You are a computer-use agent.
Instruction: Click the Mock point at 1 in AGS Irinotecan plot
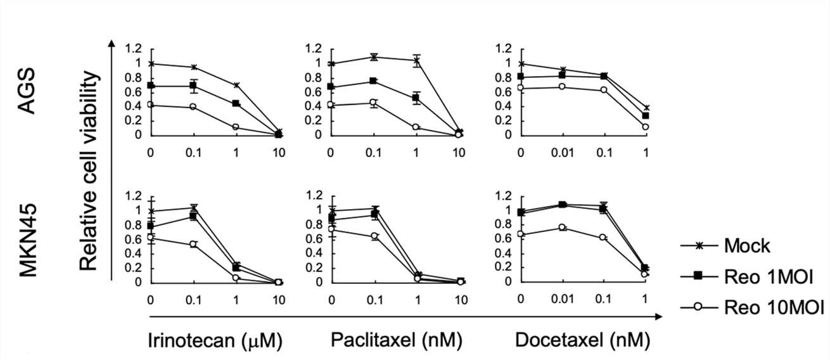[236, 85]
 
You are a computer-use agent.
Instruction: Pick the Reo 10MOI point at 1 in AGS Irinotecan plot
[236, 127]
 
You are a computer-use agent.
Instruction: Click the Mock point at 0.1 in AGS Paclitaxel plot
[374, 57]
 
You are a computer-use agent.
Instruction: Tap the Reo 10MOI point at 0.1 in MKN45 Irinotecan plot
[193, 244]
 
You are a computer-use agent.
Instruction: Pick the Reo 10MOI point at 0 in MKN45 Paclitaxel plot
[331, 229]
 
